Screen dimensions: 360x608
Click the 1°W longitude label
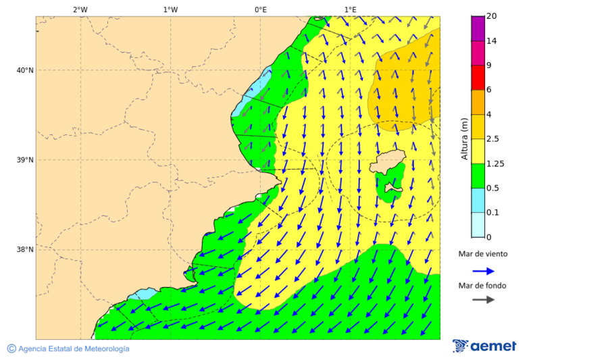(170, 9)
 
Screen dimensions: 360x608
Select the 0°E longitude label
(261, 9)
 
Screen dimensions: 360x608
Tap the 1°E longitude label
(351, 9)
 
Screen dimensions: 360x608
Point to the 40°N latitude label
(25, 70)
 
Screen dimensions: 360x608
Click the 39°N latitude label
(25, 160)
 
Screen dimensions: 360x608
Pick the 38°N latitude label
(25, 250)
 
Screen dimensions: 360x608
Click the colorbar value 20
(492, 16)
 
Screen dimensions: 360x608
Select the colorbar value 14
(492, 41)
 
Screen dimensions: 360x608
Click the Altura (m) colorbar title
(464, 138)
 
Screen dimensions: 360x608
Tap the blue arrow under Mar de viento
(483, 271)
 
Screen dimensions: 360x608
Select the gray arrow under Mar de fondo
(483, 300)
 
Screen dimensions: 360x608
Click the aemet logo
(484, 346)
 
